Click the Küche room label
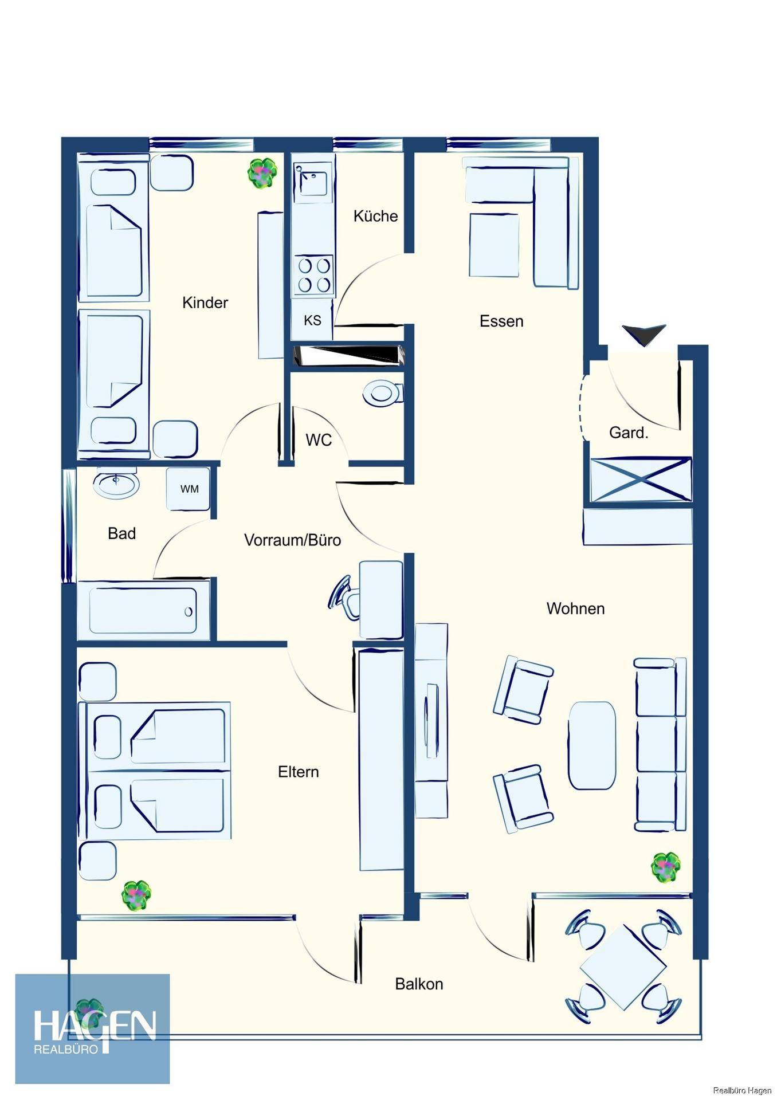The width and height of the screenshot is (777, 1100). [375, 216]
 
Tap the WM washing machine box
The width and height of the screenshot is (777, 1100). [189, 489]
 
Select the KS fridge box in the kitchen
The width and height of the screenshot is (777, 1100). [312, 320]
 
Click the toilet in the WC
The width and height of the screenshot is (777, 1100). [383, 394]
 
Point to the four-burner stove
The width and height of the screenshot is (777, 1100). [313, 275]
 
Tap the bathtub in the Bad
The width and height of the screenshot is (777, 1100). [143, 611]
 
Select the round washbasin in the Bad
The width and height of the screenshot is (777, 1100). [116, 484]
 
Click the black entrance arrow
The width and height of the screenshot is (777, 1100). [644, 335]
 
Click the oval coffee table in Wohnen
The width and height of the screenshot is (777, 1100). [592, 745]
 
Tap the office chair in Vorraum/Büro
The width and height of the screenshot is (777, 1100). [345, 598]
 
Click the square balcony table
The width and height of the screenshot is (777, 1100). [623, 967]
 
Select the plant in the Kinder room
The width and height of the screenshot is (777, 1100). [262, 172]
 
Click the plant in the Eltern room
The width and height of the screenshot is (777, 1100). [137, 895]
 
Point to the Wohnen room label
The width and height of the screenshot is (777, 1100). [575, 608]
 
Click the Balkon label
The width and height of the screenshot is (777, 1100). [419, 984]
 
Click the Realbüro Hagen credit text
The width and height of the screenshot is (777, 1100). [742, 1090]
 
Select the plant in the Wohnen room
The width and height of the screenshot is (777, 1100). [666, 867]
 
